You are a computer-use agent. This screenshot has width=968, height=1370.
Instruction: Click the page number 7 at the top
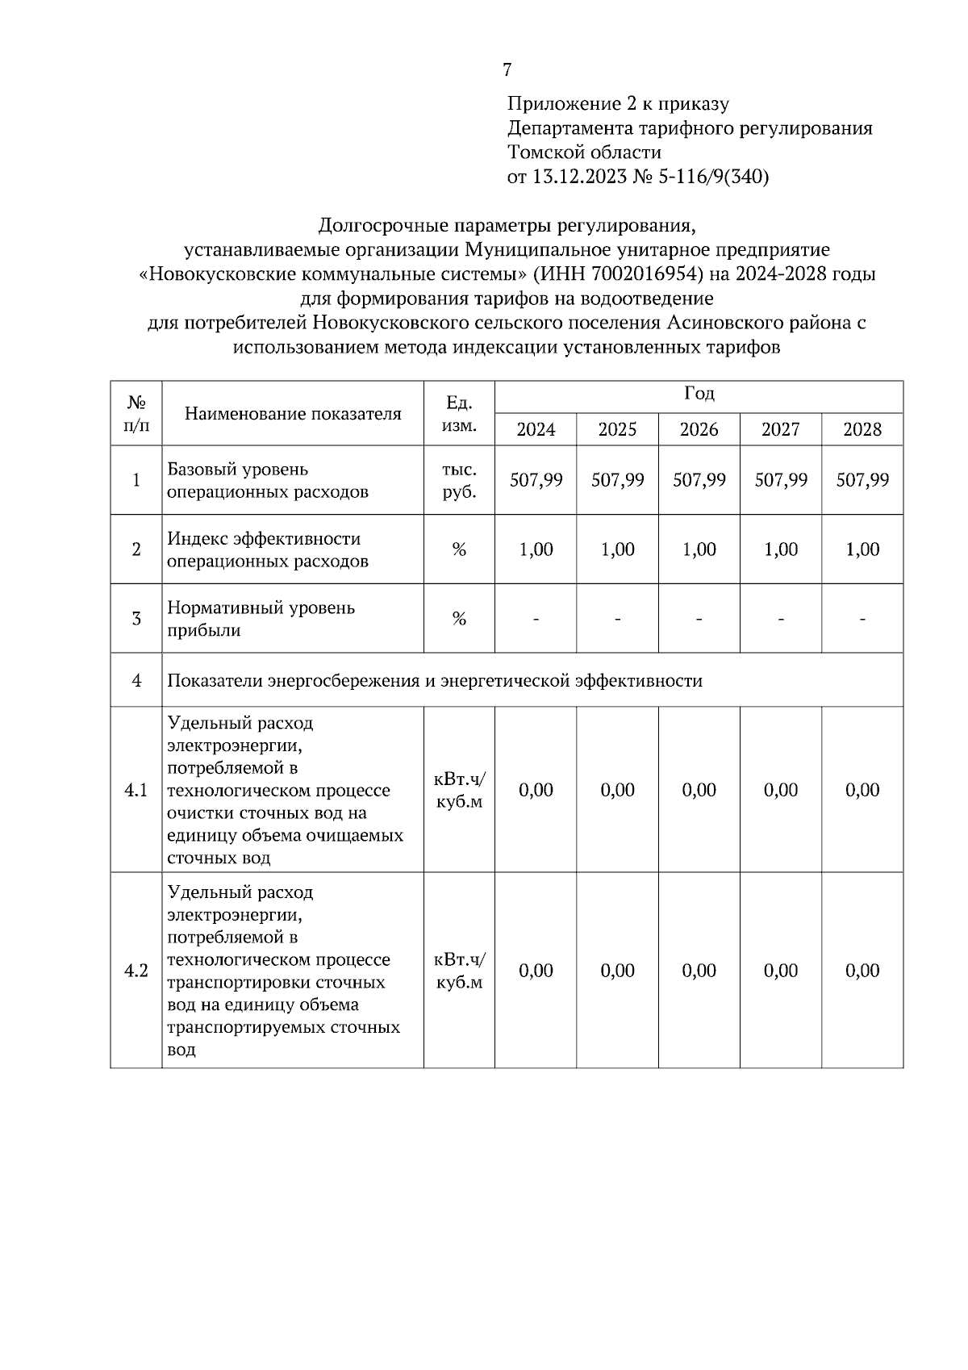click(507, 70)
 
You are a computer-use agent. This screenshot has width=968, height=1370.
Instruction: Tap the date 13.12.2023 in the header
click(579, 177)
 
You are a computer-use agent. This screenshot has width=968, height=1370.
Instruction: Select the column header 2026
click(699, 429)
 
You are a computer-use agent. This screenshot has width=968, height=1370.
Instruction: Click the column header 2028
click(862, 429)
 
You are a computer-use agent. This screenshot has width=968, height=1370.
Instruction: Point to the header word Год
click(699, 395)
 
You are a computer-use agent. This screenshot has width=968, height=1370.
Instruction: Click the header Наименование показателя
click(293, 414)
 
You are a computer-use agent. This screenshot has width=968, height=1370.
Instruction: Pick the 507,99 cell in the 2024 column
click(536, 480)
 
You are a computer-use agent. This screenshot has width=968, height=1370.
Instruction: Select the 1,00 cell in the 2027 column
click(780, 549)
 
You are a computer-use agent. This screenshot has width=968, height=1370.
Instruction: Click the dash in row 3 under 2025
click(617, 620)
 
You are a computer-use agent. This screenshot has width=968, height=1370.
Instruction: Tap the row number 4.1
click(136, 790)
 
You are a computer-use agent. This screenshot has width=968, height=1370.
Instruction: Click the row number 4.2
click(136, 971)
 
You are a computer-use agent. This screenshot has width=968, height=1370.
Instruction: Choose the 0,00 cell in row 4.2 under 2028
click(862, 971)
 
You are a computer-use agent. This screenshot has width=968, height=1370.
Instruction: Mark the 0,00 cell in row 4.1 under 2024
click(536, 790)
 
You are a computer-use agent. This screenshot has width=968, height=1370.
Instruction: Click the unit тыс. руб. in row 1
click(459, 480)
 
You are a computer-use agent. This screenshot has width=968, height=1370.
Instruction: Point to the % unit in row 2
click(459, 549)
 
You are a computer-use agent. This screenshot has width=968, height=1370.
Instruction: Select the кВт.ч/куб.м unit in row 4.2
click(459, 971)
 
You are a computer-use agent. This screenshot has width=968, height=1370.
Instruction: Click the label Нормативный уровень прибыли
click(261, 619)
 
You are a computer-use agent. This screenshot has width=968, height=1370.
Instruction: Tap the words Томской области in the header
click(584, 152)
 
